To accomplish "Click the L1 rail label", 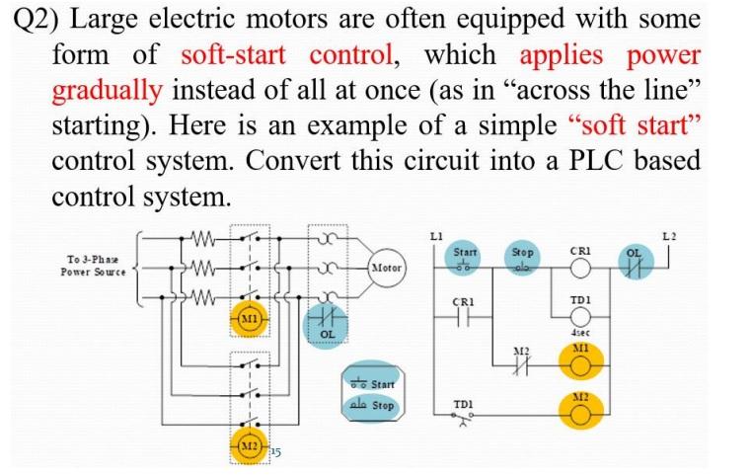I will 434,234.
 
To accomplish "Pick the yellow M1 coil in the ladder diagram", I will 580,364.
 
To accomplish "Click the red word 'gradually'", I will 107,91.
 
